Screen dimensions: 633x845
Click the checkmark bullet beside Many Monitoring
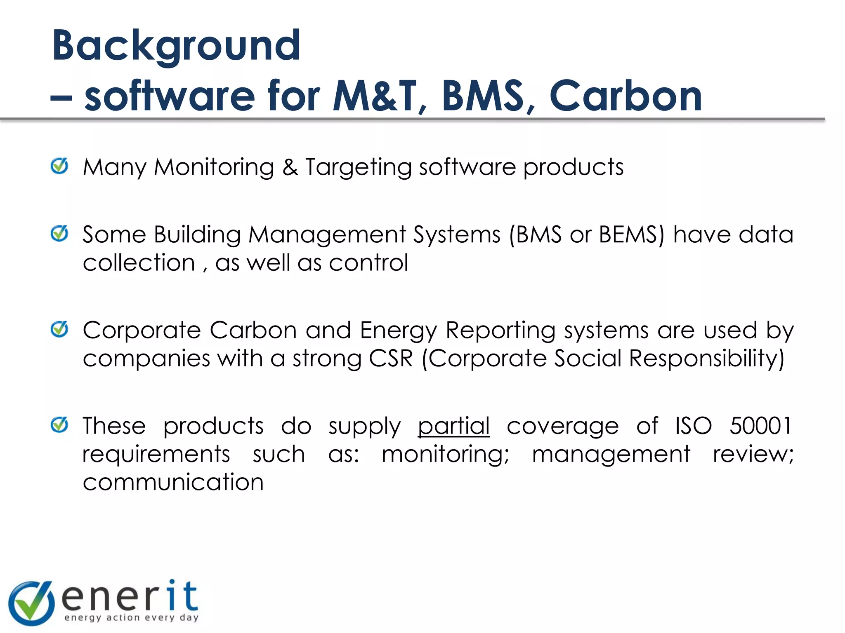pyautogui.click(x=59, y=166)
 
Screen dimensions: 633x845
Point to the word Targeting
pyautogui.click(x=358, y=168)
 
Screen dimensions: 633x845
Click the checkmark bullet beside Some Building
pyautogui.click(x=59, y=234)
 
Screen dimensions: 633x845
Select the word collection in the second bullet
pyautogui.click(x=139, y=263)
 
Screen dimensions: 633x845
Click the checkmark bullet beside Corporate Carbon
pyautogui.click(x=59, y=329)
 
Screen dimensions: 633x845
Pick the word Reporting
pyautogui.click(x=500, y=331)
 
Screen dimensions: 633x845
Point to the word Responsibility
pyautogui.click(x=706, y=358)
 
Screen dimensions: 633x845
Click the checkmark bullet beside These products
pyautogui.click(x=59, y=424)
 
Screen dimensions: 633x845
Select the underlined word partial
pyautogui.click(x=453, y=426)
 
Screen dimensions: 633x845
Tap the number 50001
pyautogui.click(x=760, y=426)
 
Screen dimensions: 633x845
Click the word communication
pyautogui.click(x=173, y=482)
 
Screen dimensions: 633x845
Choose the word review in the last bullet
pyautogui.click(x=752, y=454)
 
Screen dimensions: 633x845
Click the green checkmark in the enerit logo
pyautogui.click(x=31, y=603)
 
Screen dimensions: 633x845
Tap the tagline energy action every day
pyautogui.click(x=132, y=617)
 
